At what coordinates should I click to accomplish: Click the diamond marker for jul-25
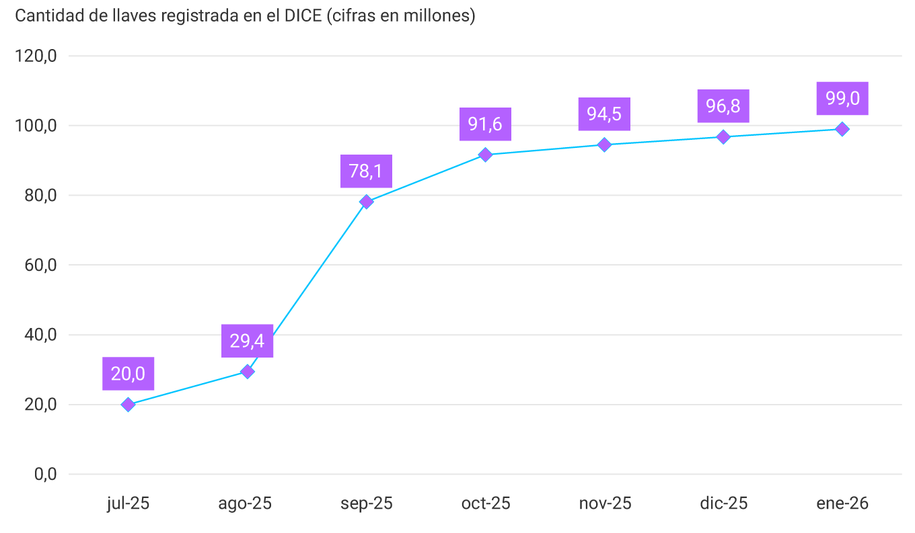[x=128, y=405]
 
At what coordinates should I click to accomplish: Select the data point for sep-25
[x=366, y=202]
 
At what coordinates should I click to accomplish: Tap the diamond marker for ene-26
[x=842, y=129]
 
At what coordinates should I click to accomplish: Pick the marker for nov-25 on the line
[x=604, y=145]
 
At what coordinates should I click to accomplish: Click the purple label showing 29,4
[x=247, y=341]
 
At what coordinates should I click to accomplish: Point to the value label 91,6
[x=485, y=124]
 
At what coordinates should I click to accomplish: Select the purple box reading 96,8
[x=723, y=106]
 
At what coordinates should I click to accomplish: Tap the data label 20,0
[x=128, y=374]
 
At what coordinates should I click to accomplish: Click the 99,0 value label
[x=842, y=99]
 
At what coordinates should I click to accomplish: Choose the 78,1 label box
[x=366, y=171]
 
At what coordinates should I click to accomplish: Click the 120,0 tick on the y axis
[x=36, y=56]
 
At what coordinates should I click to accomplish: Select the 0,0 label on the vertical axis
[x=45, y=475]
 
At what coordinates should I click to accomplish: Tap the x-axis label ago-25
[x=245, y=503]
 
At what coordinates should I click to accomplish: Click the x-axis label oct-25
[x=485, y=503]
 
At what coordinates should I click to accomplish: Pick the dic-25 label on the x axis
[x=723, y=503]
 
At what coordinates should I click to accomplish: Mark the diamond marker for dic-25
[x=723, y=137]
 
